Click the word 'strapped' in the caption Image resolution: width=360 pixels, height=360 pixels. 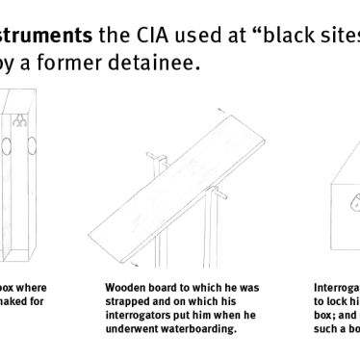[125, 300]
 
